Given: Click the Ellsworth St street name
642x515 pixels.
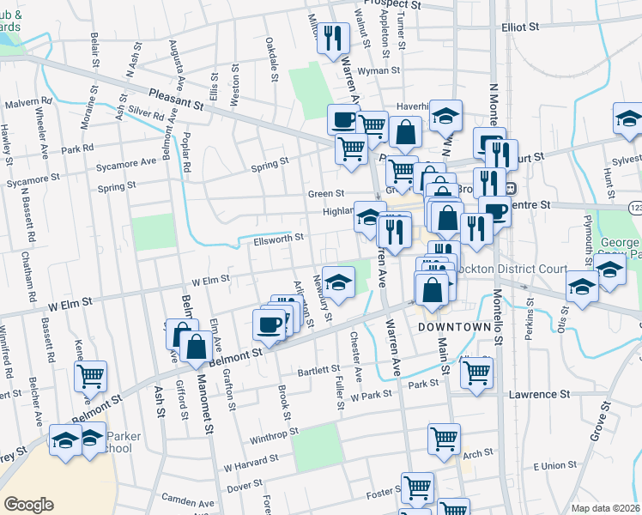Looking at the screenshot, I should [276, 237].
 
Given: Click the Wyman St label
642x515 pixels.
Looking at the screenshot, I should [375, 70].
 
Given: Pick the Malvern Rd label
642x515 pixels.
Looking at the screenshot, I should [28, 103].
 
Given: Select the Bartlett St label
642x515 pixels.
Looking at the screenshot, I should [319, 370].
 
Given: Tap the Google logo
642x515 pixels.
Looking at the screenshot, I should [28, 505].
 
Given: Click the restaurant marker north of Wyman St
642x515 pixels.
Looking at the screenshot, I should [333, 38].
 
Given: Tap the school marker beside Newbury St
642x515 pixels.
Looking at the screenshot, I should [338, 282].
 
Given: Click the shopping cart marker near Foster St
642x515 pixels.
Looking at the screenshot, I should [417, 488].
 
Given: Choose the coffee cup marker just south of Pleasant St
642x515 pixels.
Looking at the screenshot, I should [344, 119].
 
